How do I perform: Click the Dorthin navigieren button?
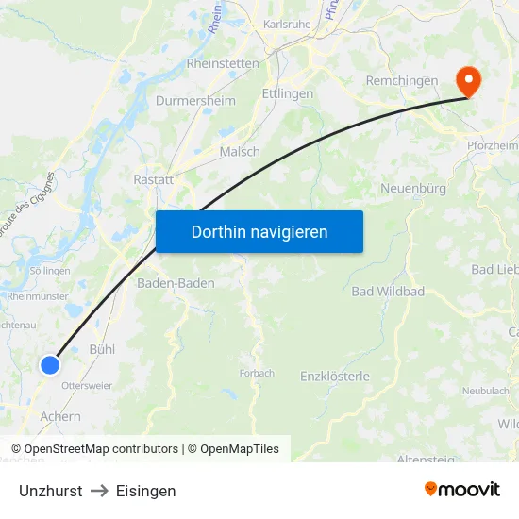click(259, 231)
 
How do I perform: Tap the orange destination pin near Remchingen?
click(467, 79)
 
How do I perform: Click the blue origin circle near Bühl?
click(51, 364)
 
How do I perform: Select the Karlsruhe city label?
click(287, 25)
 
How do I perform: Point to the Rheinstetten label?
click(223, 64)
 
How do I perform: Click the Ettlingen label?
click(288, 94)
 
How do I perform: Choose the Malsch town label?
click(240, 152)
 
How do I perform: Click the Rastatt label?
click(152, 177)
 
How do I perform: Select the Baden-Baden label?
click(176, 283)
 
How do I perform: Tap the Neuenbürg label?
click(413, 189)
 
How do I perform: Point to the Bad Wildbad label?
click(388, 291)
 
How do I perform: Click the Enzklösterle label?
click(335, 377)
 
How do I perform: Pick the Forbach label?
click(257, 373)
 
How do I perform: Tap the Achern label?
click(60, 416)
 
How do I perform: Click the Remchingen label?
click(402, 81)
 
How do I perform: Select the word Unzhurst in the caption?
click(50, 491)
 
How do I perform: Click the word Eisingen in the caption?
click(145, 491)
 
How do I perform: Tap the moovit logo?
click(461, 489)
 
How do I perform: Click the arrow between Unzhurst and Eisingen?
click(99, 491)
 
